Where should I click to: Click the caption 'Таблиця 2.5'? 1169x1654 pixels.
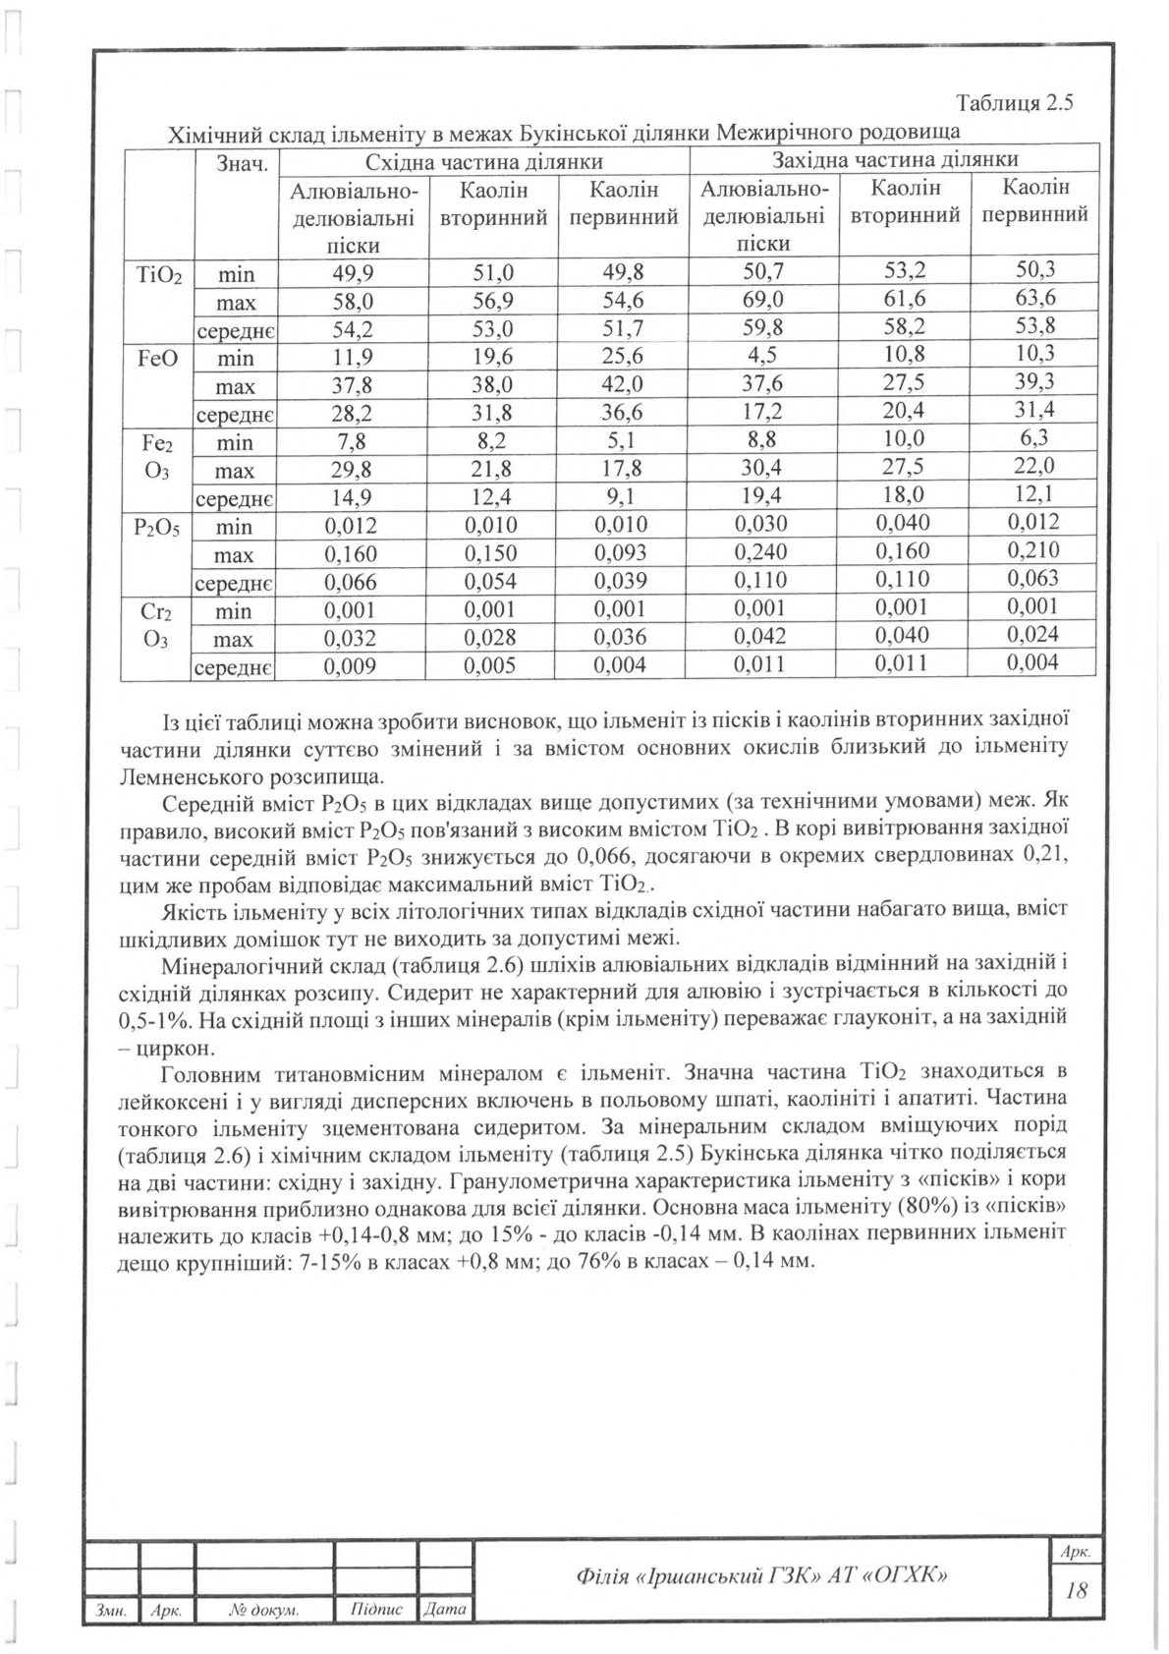pos(1014,102)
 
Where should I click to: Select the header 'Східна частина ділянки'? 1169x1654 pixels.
pos(483,160)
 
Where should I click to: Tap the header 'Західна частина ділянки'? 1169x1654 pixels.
pos(894,159)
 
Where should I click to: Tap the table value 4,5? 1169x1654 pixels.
pos(762,355)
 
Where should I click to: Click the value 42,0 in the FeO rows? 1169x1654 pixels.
pos(622,384)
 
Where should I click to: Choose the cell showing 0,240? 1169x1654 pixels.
pos(762,552)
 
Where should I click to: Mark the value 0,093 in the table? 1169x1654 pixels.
pos(622,553)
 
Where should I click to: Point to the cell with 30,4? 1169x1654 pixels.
pos(762,468)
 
